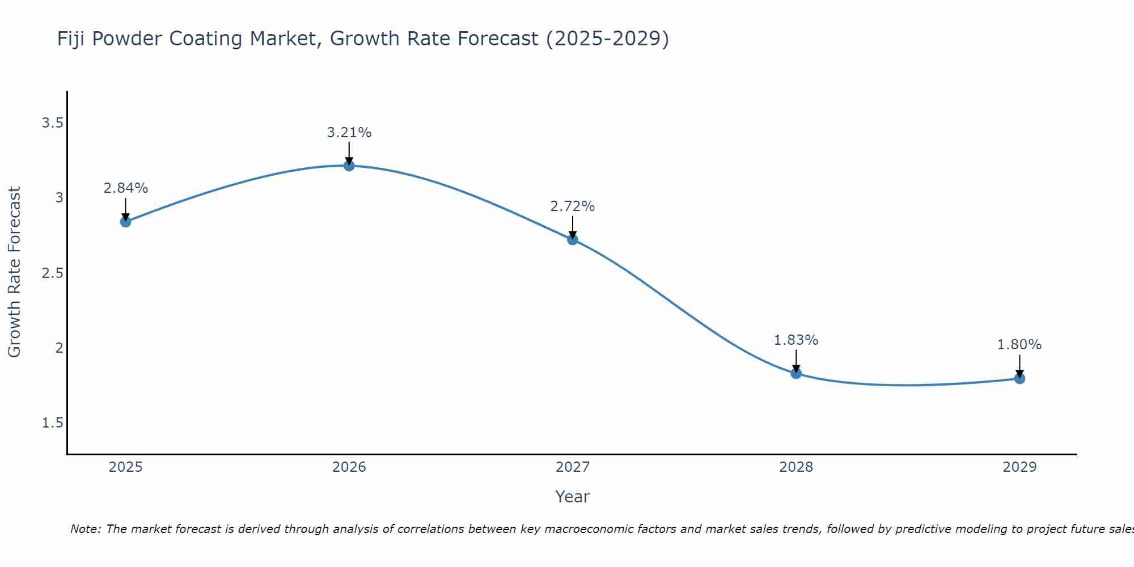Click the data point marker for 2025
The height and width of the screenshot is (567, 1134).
click(125, 222)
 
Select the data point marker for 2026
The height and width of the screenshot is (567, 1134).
click(349, 166)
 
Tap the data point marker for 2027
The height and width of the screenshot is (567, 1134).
click(572, 239)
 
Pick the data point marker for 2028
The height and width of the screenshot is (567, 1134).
click(796, 373)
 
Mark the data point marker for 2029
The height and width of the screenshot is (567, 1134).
click(1019, 378)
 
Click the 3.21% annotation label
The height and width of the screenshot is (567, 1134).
click(349, 133)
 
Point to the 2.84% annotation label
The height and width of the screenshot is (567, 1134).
click(125, 188)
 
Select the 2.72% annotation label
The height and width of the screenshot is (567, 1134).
click(572, 206)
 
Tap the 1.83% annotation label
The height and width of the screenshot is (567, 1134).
click(796, 340)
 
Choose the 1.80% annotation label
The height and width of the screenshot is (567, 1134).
click(1019, 345)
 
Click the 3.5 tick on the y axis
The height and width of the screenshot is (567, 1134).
click(52, 122)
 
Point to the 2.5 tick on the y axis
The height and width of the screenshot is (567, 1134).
click(52, 273)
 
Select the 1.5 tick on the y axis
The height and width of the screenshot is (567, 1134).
click(52, 423)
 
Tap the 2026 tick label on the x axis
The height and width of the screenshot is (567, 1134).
click(349, 467)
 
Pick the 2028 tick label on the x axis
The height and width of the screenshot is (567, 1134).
click(796, 467)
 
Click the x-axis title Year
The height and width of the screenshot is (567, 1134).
click(572, 497)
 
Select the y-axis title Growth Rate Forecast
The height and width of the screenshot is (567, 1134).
click(14, 272)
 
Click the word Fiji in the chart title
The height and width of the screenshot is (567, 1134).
click(71, 39)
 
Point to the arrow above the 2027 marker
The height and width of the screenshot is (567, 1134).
click(572, 227)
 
